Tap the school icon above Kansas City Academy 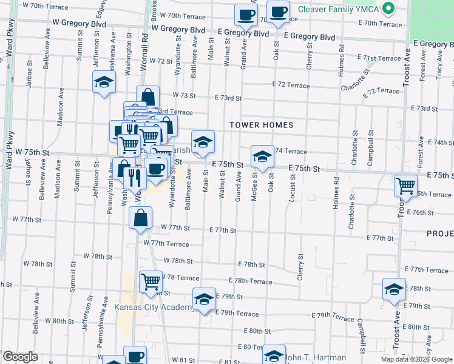pyautogui.click(x=204, y=298)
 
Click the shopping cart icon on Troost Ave pyautogui.click(x=405, y=186)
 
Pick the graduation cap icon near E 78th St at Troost pyautogui.click(x=394, y=289)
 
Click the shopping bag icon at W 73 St pyautogui.click(x=147, y=96)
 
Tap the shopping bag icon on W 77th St pyautogui.click(x=140, y=217)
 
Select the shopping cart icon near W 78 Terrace pyautogui.click(x=150, y=281)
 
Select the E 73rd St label pyautogui.click(x=228, y=98)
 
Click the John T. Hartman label pyautogui.click(x=316, y=357)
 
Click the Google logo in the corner pyautogui.click(x=19, y=357)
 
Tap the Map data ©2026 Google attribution pyautogui.click(x=416, y=359)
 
